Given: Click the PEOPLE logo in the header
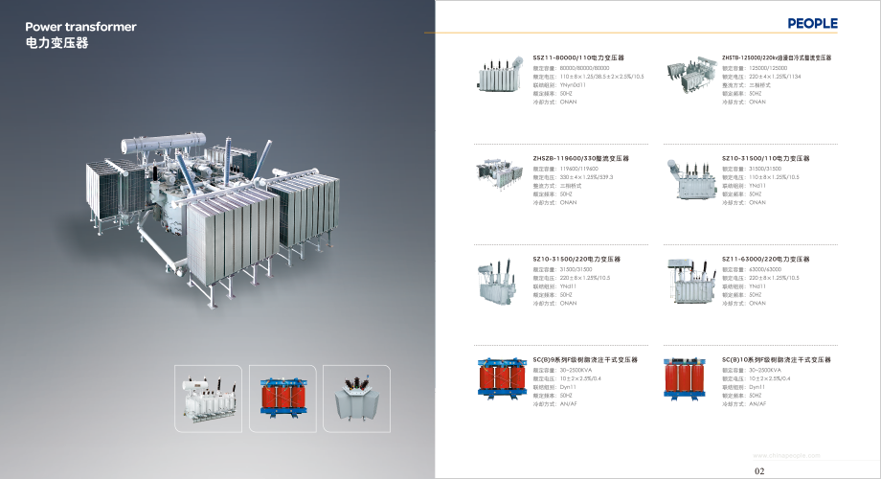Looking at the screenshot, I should point(812,23).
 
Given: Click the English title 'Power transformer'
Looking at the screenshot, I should point(80,27).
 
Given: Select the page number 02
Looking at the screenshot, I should point(760,470).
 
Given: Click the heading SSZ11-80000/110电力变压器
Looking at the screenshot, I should point(578,57).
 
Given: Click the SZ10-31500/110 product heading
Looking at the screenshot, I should point(766,158).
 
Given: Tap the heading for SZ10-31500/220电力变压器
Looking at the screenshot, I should point(576,259).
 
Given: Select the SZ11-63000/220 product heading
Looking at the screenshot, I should point(766,259).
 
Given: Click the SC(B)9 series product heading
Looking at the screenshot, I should point(585,359).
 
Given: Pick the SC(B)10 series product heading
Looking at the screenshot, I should point(777,359).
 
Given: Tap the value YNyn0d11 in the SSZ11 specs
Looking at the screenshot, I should point(577,84).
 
